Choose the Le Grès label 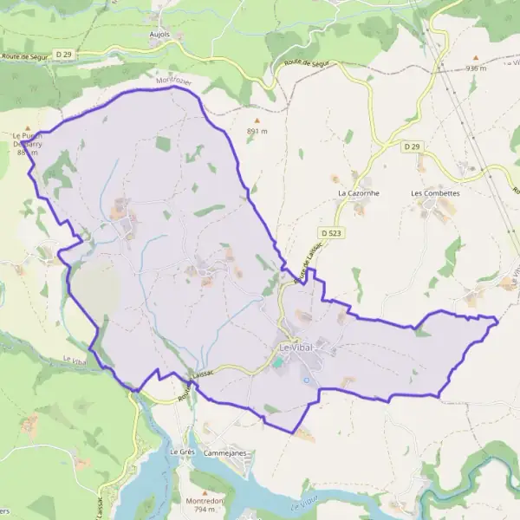pos(180,452)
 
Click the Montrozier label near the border pos(172,81)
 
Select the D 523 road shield pos(330,233)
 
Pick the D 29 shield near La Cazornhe pos(412,147)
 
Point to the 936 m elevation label pos(475,68)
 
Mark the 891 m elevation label pos(257,131)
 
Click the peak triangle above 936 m pos(475,57)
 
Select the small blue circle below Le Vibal pos(306,379)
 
